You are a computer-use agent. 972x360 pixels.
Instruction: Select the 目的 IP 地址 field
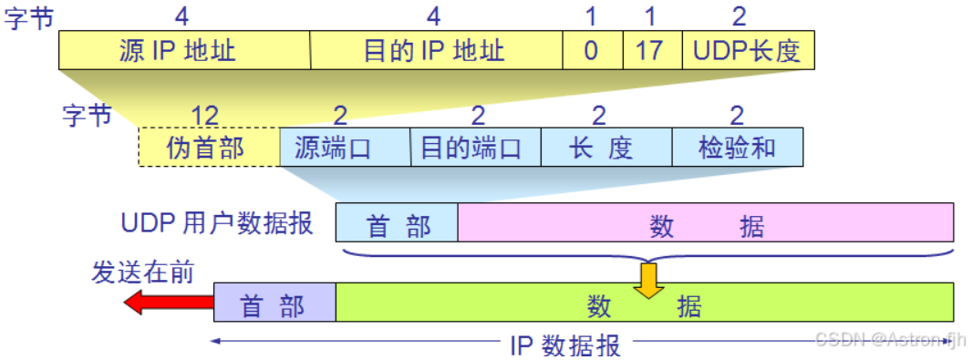point(436,50)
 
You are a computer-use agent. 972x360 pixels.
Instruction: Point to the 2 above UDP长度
point(739,16)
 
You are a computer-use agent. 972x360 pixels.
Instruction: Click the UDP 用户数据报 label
point(216,223)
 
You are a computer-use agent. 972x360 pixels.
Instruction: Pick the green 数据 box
point(645,303)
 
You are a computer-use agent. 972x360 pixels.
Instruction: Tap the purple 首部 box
point(274,303)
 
